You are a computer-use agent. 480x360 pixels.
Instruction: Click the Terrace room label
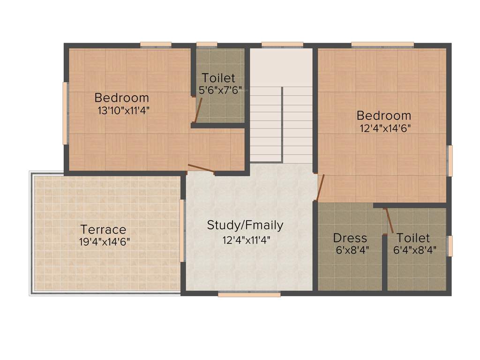(x=103, y=230)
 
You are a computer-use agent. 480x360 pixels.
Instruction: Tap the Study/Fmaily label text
(x=245, y=225)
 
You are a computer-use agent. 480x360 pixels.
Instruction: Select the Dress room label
(x=350, y=238)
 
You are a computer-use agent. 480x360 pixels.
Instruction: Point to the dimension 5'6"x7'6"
(x=220, y=90)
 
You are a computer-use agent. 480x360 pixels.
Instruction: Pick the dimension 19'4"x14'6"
(x=105, y=242)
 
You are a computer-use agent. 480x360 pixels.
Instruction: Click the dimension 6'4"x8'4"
(x=415, y=250)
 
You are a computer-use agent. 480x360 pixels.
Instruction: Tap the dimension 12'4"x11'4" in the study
(x=247, y=240)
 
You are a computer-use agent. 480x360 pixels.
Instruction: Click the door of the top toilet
(x=197, y=111)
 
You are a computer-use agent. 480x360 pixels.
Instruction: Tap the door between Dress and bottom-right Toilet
(x=388, y=220)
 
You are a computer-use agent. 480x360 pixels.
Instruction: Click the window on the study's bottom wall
(x=249, y=294)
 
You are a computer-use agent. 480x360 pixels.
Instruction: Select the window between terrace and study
(x=182, y=231)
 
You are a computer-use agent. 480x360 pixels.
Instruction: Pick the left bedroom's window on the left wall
(x=65, y=113)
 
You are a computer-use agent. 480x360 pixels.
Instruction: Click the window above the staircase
(x=282, y=45)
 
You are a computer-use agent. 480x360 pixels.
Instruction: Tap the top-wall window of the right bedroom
(x=382, y=45)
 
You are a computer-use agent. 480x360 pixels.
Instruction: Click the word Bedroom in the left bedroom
(x=122, y=98)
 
